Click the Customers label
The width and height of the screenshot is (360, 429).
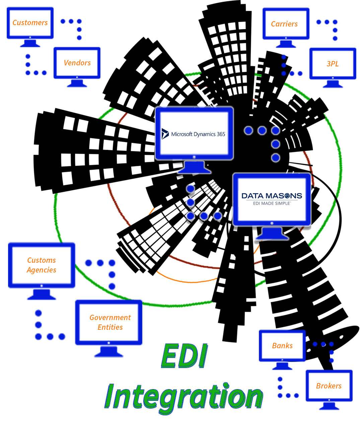pyautogui.click(x=30, y=22)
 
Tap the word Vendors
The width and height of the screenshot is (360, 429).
pyautogui.click(x=77, y=63)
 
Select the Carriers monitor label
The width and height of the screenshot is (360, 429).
pyautogui.click(x=284, y=24)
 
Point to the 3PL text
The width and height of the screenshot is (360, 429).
pyautogui.click(x=333, y=64)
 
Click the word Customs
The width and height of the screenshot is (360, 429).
pyautogui.click(x=42, y=260)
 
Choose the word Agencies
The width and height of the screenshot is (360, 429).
pyautogui.click(x=42, y=270)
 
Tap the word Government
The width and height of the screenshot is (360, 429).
pyautogui.click(x=110, y=317)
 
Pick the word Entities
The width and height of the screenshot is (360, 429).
pyautogui.click(x=110, y=327)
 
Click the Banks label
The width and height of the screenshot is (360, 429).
pyautogui.click(x=282, y=346)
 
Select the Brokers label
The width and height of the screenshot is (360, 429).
pyautogui.click(x=329, y=386)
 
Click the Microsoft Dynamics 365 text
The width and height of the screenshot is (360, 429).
pyautogui.click(x=198, y=134)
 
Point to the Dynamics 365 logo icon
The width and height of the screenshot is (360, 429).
pyautogui.click(x=165, y=134)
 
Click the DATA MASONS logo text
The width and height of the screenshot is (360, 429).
pyautogui.click(x=272, y=196)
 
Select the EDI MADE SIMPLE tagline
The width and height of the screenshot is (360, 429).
pyautogui.click(x=272, y=203)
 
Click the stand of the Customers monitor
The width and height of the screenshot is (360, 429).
pyautogui.click(x=30, y=43)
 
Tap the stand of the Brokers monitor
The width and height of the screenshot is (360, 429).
pyautogui.click(x=329, y=406)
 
